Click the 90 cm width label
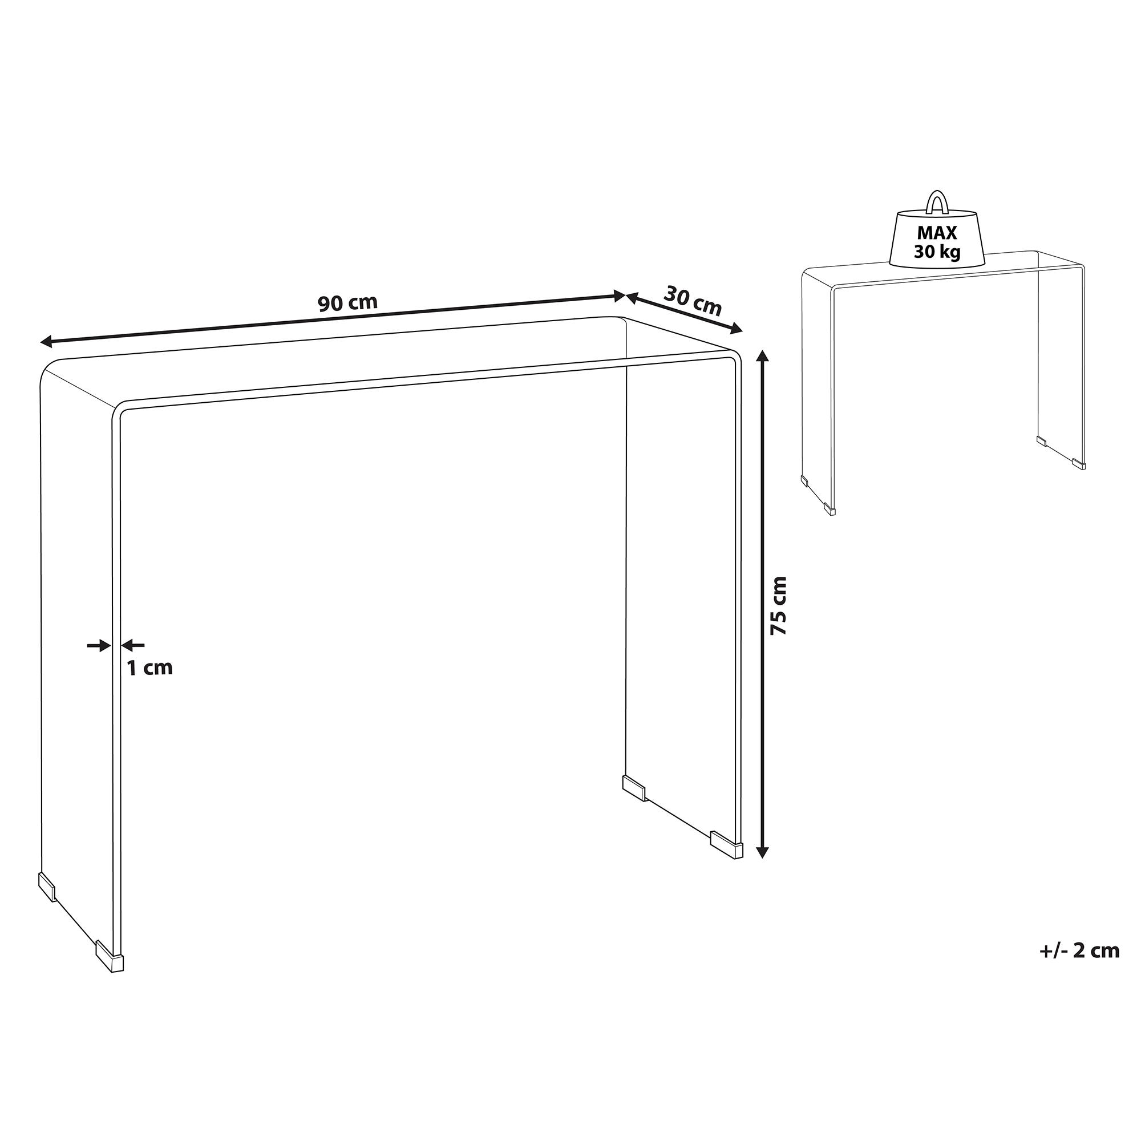[x=347, y=302]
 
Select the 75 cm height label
[x=779, y=605]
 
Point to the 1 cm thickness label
[x=150, y=668]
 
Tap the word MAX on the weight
[x=937, y=233]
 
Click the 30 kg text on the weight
[x=937, y=252]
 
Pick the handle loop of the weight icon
[x=937, y=201]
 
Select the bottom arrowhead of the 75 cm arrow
[x=762, y=851]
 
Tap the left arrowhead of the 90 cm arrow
[x=47, y=341]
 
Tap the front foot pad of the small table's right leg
[x=1078, y=464]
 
